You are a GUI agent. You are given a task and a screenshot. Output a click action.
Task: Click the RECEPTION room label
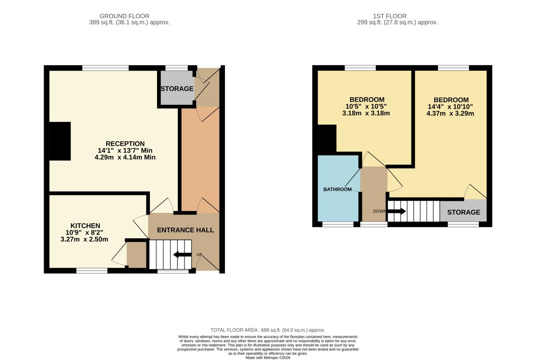coord(125,144)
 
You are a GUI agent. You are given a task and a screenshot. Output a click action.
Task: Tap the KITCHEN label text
coord(85,226)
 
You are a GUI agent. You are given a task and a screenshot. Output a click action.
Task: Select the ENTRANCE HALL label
coord(185,230)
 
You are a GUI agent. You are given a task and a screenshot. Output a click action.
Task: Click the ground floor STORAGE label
coord(177,89)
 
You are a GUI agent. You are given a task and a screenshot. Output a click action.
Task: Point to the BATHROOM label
coord(338,189)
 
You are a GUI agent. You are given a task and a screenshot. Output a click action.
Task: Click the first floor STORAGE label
coord(464,212)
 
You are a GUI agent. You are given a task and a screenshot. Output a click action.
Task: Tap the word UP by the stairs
coord(199,255)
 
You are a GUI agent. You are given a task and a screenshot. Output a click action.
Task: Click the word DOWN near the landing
coord(379,211)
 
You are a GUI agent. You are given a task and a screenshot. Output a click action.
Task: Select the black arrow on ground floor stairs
coord(182,254)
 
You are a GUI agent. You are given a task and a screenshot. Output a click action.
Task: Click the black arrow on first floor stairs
coord(396,211)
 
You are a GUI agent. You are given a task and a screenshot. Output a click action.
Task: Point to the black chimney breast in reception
coord(60,141)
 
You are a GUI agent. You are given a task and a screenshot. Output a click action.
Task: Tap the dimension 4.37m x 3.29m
coord(450,113)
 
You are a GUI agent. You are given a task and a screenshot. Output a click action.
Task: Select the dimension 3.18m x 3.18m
coord(366,113)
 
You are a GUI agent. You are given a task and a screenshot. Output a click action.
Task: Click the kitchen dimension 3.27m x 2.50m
coord(85,239)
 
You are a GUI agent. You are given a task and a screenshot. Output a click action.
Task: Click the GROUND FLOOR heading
coord(124,16)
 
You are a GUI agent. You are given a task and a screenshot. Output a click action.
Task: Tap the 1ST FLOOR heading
coord(390,16)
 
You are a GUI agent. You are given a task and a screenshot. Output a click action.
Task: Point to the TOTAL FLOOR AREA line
coord(268,330)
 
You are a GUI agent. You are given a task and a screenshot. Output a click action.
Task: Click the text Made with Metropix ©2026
coord(268,358)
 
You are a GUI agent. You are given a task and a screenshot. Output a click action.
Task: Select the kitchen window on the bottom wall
coord(92,271)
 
